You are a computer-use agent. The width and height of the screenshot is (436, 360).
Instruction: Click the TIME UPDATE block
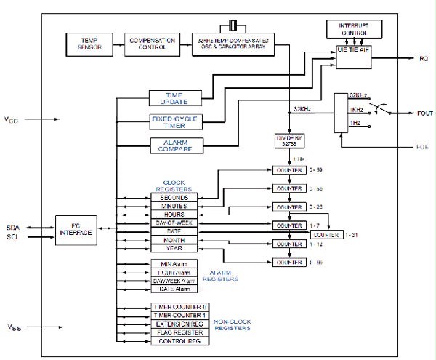point(173,98)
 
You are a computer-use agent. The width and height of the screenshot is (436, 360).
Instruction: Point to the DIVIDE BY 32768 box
point(288,140)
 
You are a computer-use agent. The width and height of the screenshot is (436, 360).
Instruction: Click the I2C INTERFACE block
point(77,231)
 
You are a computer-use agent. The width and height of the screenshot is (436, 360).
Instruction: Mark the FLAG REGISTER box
point(179,332)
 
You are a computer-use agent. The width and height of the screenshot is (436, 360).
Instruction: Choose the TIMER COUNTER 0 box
point(179,307)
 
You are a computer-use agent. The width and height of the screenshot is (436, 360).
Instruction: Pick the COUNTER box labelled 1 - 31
point(325,236)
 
